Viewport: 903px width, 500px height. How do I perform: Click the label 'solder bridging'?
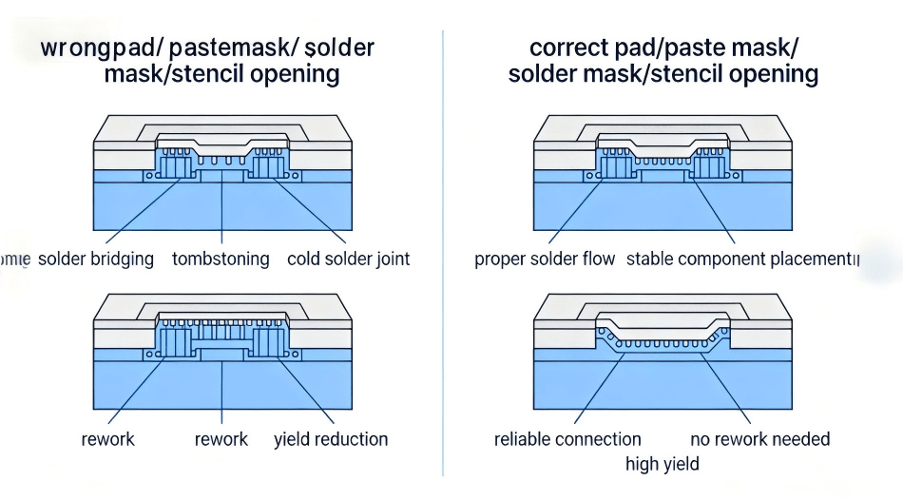95,259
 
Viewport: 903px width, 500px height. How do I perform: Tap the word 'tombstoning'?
221,259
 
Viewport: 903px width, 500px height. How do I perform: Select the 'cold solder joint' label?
348,259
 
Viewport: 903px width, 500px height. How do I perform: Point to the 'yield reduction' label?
331,439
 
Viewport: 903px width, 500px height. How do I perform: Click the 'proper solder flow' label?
545,259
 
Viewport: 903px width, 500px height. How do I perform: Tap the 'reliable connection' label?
567,439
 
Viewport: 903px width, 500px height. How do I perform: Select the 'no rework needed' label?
759,439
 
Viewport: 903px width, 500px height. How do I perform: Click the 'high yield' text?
663,464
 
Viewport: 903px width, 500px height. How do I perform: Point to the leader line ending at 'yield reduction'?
304,390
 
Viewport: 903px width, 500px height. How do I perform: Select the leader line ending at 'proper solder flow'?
575,214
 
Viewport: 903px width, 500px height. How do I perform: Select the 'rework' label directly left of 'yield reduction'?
221,439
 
